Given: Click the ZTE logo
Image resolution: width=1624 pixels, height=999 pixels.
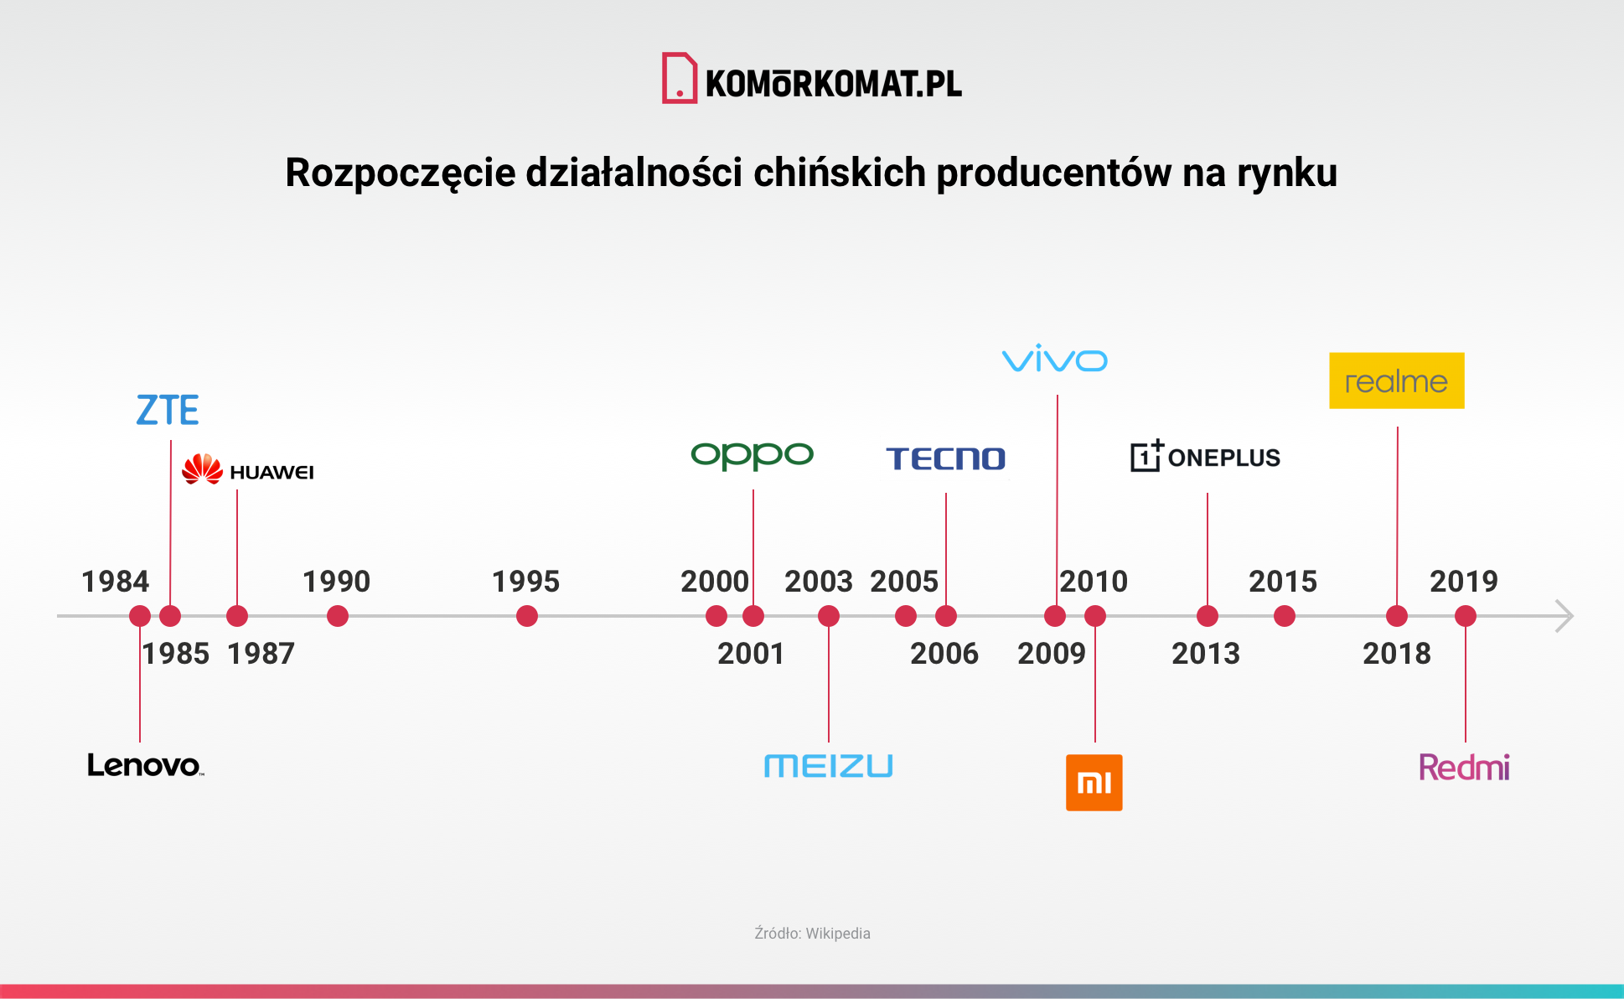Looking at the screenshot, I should pos(168,411).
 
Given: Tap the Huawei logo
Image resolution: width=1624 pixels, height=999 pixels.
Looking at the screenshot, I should pos(248,470).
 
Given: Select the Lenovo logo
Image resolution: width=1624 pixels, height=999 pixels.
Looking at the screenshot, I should pos(145,765).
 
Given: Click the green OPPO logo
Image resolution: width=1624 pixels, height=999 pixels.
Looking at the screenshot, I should pos(752,455).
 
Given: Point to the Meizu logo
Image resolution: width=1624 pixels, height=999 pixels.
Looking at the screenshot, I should pos(828,766).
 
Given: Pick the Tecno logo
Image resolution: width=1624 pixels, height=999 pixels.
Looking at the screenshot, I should pos(945,458).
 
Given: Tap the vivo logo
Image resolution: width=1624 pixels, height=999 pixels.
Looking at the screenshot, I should pos(1054,360).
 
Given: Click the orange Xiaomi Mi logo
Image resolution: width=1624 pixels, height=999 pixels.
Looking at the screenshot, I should pos(1094,783).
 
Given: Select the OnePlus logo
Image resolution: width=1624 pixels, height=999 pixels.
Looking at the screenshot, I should pos(1205,457).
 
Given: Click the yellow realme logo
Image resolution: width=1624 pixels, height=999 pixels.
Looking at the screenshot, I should pos(1396,381).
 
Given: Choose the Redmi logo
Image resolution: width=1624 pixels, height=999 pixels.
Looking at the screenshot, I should pos(1464,767).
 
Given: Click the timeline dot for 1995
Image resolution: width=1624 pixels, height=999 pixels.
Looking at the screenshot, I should pos(526,617).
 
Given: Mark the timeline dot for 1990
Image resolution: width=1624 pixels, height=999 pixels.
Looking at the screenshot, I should pos(337,617).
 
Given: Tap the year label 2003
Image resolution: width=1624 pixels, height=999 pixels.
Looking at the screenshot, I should pos(818,582).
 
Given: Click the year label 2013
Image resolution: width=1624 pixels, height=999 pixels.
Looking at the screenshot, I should pos(1205,654).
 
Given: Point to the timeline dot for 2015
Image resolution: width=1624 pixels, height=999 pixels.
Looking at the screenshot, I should pos(1284,617).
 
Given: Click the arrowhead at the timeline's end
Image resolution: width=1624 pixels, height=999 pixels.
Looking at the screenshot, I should pos(1564,616).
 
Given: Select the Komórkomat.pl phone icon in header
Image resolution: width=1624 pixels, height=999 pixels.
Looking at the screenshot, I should pos(679,78).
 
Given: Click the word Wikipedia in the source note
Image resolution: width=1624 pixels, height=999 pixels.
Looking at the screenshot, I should pos(838,934).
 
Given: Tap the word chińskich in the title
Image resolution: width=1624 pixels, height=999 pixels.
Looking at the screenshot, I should pos(840,173).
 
